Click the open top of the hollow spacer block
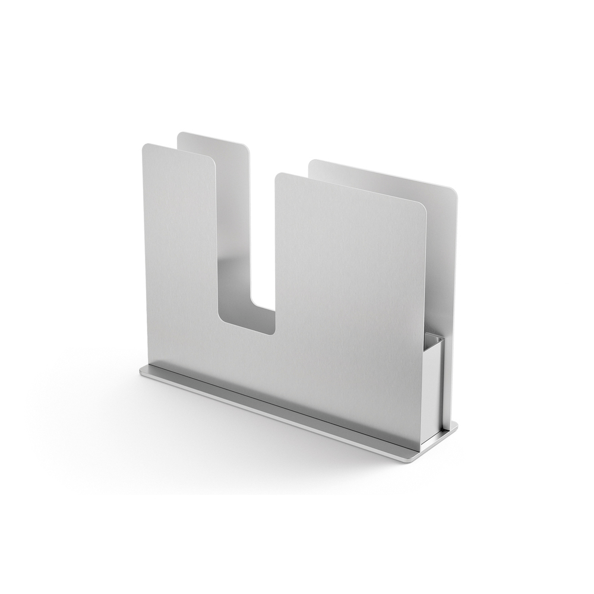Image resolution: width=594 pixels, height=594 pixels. tap(435, 342)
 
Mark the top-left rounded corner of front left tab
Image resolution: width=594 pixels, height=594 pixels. tap(146, 147)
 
